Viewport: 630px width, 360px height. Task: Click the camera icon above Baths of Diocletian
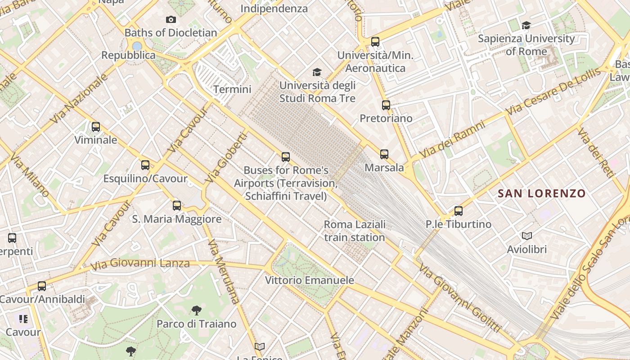click(171, 19)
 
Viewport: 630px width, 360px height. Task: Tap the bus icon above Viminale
click(96, 127)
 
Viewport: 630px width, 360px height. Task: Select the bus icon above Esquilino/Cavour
click(145, 165)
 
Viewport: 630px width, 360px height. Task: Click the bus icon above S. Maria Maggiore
click(177, 206)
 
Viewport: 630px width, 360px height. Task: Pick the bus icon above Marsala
click(384, 154)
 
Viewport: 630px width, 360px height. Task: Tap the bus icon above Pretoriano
click(386, 105)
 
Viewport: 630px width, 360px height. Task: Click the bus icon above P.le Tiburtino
click(459, 211)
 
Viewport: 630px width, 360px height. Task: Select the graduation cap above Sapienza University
click(526, 26)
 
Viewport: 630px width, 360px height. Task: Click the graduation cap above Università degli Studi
click(317, 72)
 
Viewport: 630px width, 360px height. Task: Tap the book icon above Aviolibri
click(527, 236)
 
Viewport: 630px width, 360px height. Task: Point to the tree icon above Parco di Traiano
click(196, 310)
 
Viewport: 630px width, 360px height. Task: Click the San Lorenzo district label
click(542, 194)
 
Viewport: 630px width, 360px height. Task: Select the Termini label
click(232, 89)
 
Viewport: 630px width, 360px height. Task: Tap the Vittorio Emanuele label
click(309, 280)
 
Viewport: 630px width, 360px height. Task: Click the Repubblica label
click(128, 55)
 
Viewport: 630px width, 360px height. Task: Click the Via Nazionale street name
click(79, 99)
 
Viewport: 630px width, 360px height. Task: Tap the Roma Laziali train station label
click(355, 231)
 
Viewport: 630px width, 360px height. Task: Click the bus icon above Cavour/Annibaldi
click(42, 286)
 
